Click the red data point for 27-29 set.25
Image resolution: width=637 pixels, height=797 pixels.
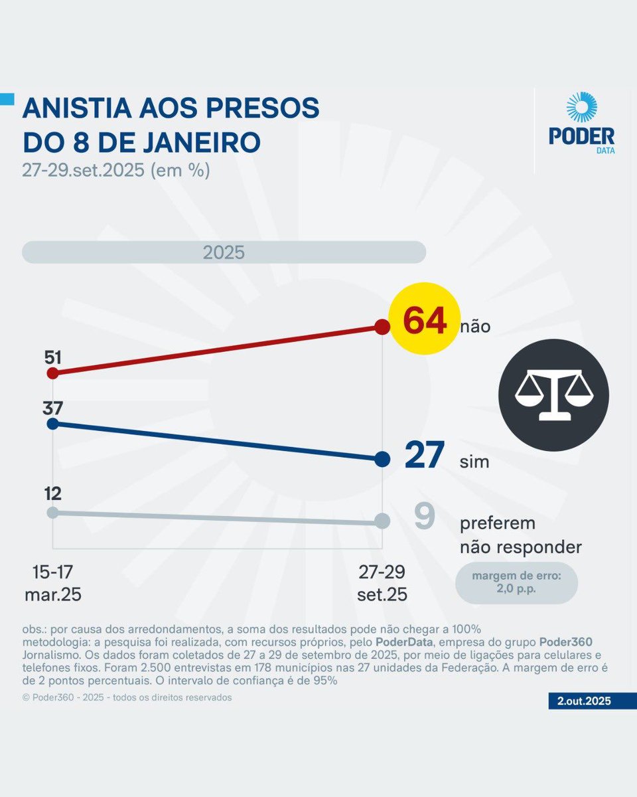coord(382,327)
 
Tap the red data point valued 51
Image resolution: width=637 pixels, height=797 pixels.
coord(53,373)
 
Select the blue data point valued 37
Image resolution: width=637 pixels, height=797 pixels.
coord(53,423)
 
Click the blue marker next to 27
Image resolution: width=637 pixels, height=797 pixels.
coord(382,459)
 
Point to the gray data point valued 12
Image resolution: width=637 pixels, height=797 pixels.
coord(53,512)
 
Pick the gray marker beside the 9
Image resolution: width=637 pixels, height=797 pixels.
coord(382,521)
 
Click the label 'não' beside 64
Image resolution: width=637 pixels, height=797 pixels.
coord(475,327)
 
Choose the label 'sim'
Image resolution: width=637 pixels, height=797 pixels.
coord(474,462)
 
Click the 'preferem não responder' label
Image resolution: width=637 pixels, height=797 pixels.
coord(520,535)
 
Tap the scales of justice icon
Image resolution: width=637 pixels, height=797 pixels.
coord(554,395)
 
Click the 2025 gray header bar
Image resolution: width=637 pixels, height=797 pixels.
coord(224,253)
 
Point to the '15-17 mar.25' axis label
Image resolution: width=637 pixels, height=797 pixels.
coord(53,583)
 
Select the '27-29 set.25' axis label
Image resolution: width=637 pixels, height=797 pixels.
coord(382,583)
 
